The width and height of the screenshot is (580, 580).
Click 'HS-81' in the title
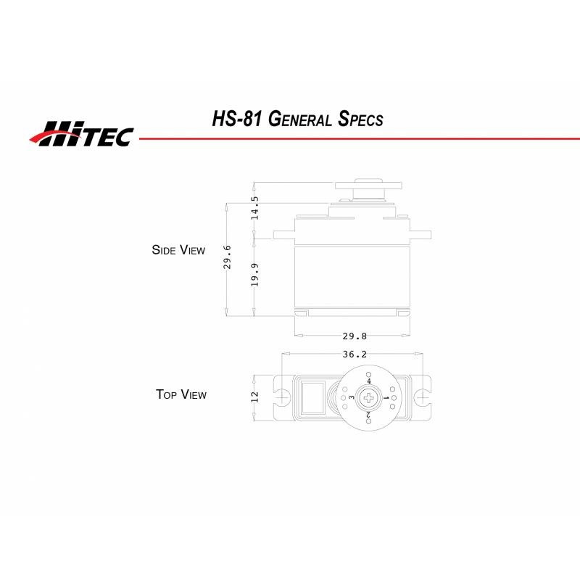coord(236,118)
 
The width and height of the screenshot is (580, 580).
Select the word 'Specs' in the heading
coord(360,119)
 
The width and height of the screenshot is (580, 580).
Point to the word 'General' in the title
coord(301,119)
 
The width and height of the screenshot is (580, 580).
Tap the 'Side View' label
coord(178,250)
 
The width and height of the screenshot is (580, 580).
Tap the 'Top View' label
coord(181,394)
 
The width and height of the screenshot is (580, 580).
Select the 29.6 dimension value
coord(227,257)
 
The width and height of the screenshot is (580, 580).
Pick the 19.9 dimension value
coord(254,275)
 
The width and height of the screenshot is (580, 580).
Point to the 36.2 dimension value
coord(354,355)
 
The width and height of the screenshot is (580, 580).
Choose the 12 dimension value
coord(254,397)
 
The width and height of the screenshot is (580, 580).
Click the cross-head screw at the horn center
coord(370,397)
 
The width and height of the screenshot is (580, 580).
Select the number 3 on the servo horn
coord(352,397)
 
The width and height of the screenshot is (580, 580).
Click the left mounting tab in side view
coord(283,235)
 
